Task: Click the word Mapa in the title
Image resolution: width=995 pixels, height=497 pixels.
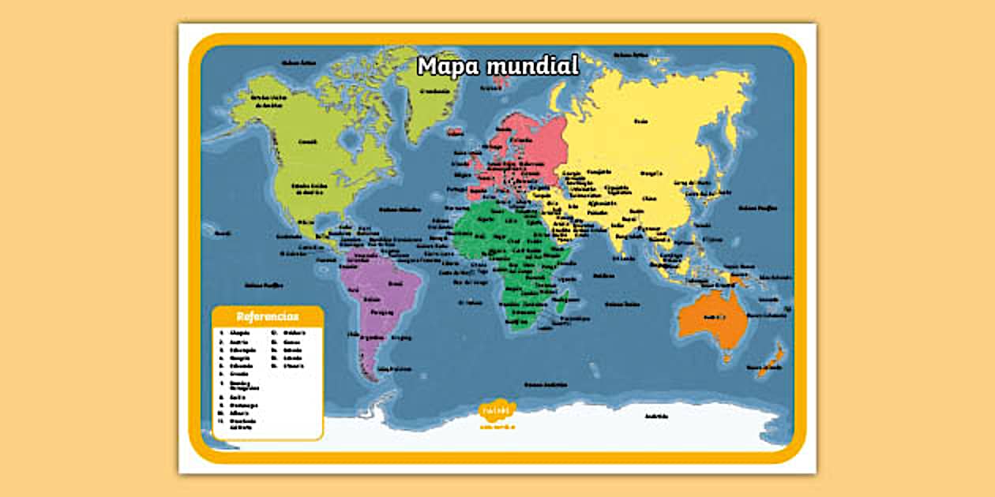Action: click(x=448, y=65)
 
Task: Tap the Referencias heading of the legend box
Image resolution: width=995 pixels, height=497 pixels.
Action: click(x=267, y=316)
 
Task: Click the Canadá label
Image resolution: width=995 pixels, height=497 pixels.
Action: click(x=308, y=143)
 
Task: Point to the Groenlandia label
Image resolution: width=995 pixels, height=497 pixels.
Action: click(x=433, y=90)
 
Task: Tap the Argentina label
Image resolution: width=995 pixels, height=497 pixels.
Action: click(x=373, y=337)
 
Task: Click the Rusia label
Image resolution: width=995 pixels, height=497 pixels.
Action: click(x=641, y=121)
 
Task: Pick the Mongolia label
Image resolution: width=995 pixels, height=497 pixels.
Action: click(x=651, y=172)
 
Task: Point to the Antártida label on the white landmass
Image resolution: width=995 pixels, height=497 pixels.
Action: click(x=656, y=416)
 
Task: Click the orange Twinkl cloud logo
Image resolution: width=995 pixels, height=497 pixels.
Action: click(x=497, y=410)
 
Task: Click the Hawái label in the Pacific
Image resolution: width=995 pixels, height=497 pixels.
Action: click(x=223, y=233)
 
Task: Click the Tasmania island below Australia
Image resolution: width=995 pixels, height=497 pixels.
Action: click(x=727, y=357)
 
